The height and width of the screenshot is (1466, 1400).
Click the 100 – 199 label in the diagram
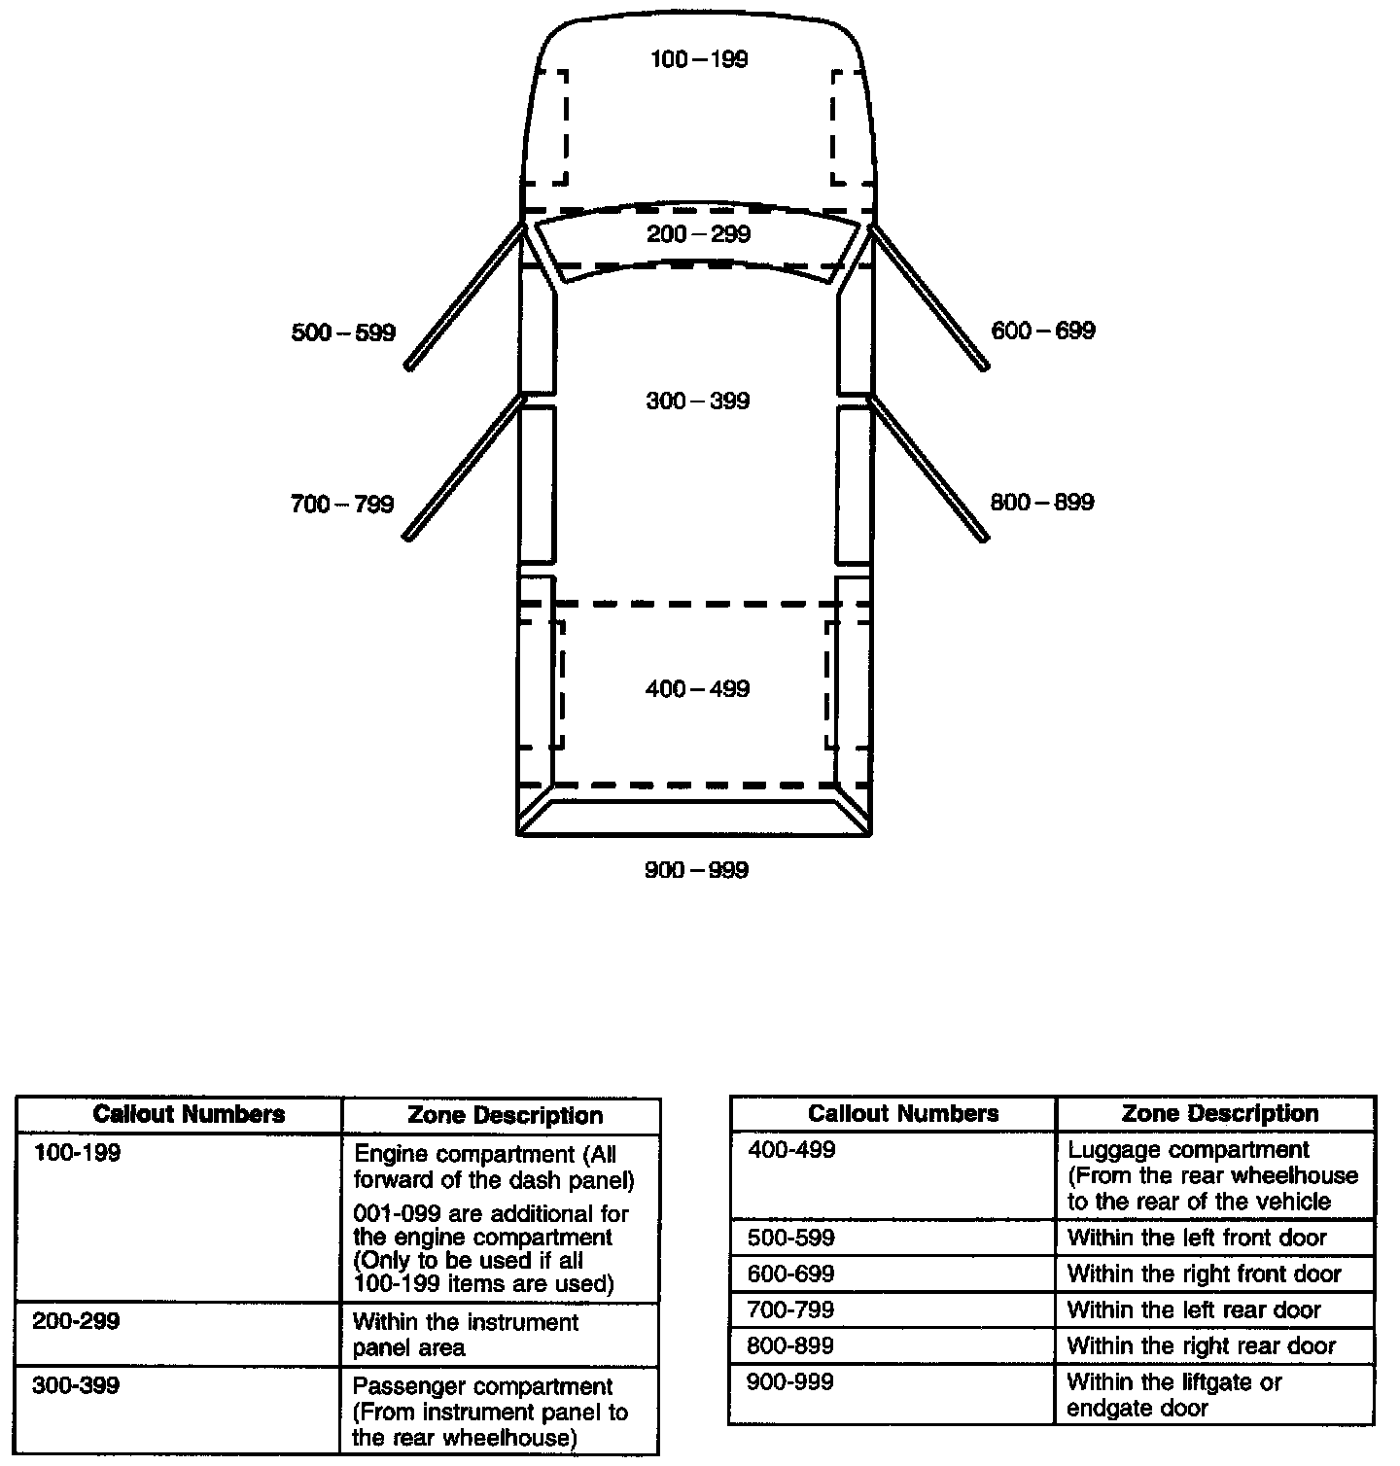tap(699, 60)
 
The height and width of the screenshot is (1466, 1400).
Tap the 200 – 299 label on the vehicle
tap(698, 234)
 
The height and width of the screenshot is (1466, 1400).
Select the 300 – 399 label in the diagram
tap(697, 401)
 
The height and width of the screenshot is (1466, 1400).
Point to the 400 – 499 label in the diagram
tap(697, 689)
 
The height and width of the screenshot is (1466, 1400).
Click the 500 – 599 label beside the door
tap(343, 333)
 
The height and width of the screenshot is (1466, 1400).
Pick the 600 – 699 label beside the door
tap(1042, 332)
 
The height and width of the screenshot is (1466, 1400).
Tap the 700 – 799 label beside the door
tap(342, 505)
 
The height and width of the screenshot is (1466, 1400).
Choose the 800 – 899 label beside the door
tap(1041, 503)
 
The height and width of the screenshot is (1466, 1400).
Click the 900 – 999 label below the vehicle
tap(696, 870)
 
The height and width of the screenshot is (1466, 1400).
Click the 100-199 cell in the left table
tap(78, 1155)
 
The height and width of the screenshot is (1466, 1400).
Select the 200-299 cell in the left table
tap(76, 1322)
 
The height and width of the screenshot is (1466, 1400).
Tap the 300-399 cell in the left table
tap(76, 1385)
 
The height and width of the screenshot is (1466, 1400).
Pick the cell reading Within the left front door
tap(1197, 1238)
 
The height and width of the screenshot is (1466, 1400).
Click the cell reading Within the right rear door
tap(1201, 1346)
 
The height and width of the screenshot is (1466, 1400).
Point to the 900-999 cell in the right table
tap(789, 1381)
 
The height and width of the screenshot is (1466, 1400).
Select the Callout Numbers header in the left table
tap(189, 1114)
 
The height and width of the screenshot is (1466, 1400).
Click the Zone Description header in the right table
tap(1219, 1113)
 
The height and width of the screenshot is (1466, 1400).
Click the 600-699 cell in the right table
tap(790, 1274)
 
